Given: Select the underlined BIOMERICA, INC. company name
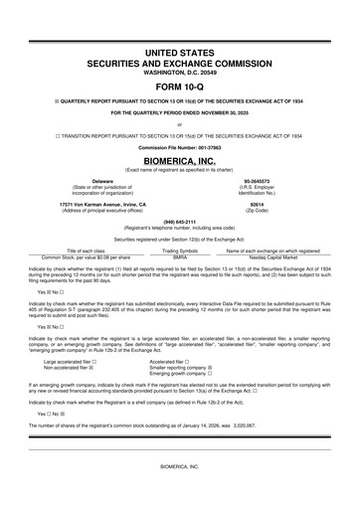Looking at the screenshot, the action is pyautogui.click(x=180, y=158).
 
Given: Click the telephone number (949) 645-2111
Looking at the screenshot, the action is pyautogui.click(x=180, y=222).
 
